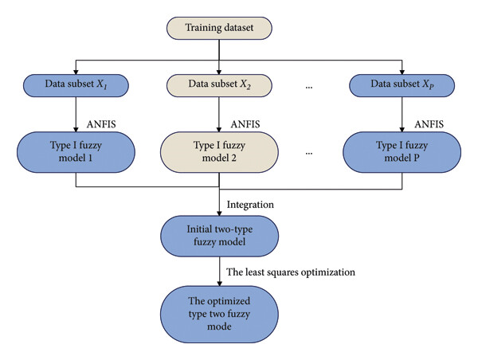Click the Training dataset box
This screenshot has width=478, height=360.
pyautogui.click(x=219, y=28)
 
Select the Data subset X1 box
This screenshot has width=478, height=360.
pyautogui.click(x=76, y=85)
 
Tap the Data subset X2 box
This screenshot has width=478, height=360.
pyautogui.click(x=219, y=85)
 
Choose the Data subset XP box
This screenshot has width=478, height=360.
pyautogui.click(x=402, y=85)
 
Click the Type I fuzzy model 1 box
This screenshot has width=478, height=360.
pyautogui.click(x=76, y=152)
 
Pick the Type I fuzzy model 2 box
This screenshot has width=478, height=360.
pyautogui.click(x=219, y=152)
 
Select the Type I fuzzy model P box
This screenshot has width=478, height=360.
pyautogui.click(x=402, y=152)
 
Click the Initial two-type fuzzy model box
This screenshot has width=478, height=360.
pyautogui.click(x=219, y=236)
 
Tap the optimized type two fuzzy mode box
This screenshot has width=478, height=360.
pyautogui.click(x=219, y=315)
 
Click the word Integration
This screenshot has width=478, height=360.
pyautogui.click(x=250, y=205)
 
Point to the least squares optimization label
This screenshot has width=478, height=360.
pyautogui.click(x=291, y=272)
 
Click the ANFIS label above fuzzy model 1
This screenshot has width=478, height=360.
pyautogui.click(x=101, y=124)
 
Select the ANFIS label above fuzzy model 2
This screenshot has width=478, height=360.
pyautogui.click(x=245, y=124)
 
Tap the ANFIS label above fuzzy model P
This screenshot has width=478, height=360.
pyautogui.click(x=429, y=124)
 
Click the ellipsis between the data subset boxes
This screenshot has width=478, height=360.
pyautogui.click(x=309, y=88)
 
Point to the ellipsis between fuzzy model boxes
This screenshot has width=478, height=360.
pyautogui.click(x=309, y=154)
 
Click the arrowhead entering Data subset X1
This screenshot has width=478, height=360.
pyautogui.click(x=76, y=72)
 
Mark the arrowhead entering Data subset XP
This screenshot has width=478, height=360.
pyautogui.click(x=402, y=72)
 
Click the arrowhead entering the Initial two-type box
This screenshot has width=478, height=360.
pyautogui.click(x=219, y=213)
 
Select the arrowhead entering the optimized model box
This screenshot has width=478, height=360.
pyautogui.click(x=219, y=284)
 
